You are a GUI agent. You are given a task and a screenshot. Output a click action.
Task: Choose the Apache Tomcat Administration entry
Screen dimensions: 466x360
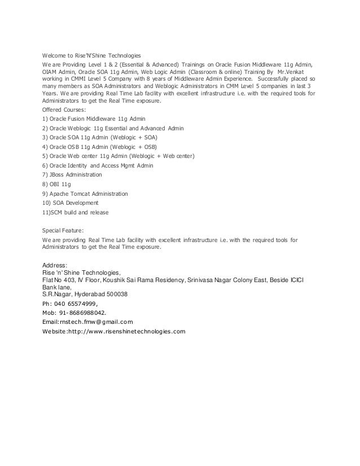(x=85, y=194)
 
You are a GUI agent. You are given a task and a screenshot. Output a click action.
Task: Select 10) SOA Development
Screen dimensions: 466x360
(x=71, y=203)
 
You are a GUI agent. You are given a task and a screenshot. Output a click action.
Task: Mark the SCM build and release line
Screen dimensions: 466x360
(x=76, y=212)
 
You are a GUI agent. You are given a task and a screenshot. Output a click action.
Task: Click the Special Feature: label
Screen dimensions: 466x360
(x=63, y=231)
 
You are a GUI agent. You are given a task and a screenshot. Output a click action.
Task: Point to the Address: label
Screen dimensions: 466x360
(x=55, y=265)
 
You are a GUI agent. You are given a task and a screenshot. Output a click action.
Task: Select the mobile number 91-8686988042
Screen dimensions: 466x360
(x=83, y=311)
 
